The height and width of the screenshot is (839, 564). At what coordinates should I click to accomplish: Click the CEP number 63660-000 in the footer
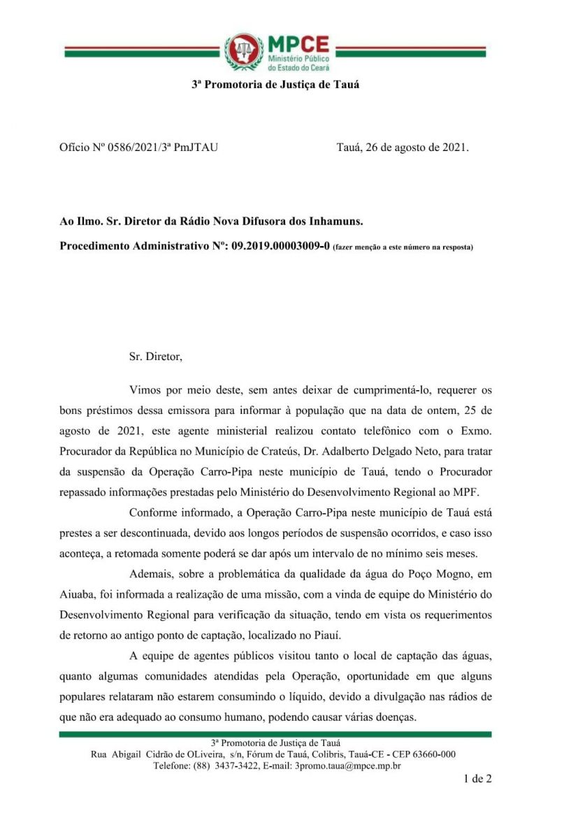(431, 754)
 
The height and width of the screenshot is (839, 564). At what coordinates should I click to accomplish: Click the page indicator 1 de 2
(477, 778)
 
